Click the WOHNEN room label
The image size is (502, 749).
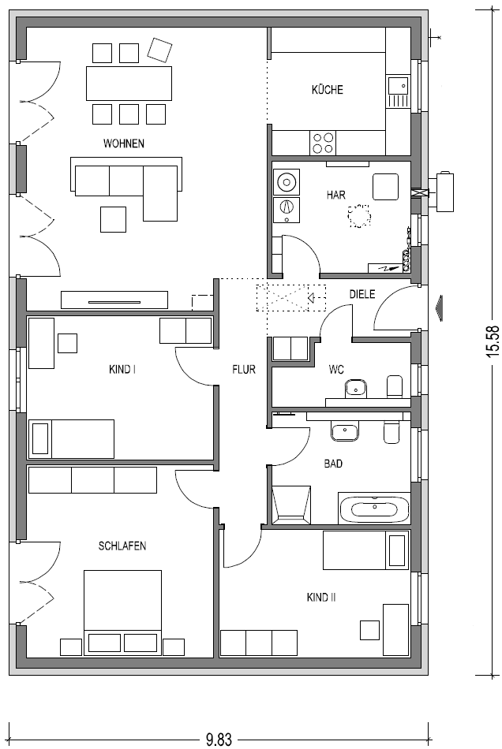(124, 143)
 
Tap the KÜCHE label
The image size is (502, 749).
(328, 89)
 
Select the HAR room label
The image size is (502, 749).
(336, 195)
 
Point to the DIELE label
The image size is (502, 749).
(362, 294)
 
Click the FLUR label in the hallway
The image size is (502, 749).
(244, 369)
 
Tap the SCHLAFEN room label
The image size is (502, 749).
(122, 546)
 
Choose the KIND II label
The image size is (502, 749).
(321, 597)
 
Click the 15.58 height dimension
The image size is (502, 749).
(493, 341)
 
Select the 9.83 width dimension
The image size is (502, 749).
(219, 740)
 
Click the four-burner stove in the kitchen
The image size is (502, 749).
(323, 143)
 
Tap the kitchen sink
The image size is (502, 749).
(398, 91)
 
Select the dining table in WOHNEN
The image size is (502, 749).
(129, 84)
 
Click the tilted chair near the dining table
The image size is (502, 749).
(160, 50)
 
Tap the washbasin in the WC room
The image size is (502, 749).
(355, 388)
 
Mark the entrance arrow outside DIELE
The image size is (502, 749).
(439, 307)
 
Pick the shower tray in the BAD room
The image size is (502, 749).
(291, 505)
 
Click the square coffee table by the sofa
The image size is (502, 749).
(114, 219)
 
